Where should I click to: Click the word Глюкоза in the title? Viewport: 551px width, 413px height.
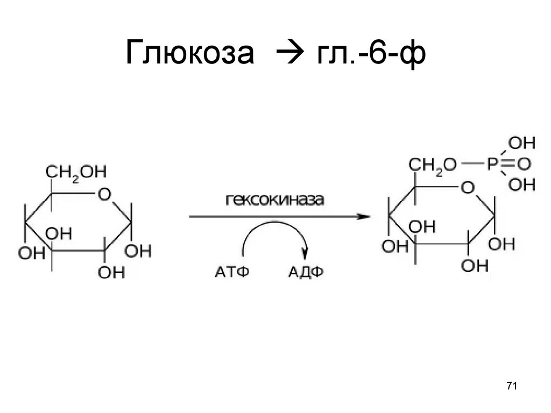point(189,54)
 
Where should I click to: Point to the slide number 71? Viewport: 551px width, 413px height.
point(511,386)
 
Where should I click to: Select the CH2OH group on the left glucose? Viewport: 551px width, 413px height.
point(76,172)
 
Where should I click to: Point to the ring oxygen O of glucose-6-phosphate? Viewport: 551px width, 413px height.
point(468,188)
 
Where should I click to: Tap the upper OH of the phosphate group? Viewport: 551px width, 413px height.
point(521,143)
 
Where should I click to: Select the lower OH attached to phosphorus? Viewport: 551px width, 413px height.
point(521,185)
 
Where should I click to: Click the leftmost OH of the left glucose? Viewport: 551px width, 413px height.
point(31,253)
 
